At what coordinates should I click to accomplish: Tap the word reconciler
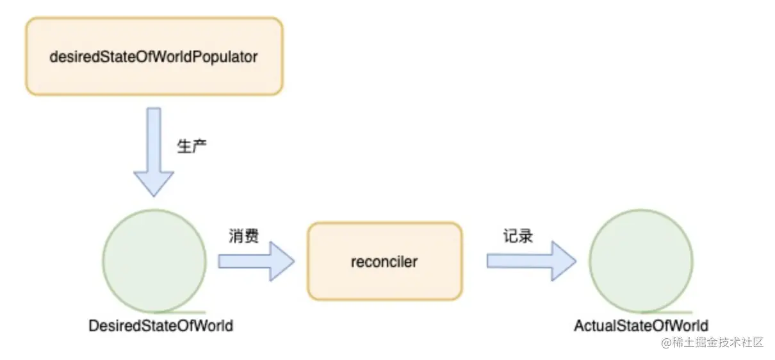(x=384, y=261)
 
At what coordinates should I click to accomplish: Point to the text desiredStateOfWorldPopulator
(x=154, y=56)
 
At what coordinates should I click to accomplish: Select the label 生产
(x=192, y=146)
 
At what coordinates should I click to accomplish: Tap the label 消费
(x=244, y=236)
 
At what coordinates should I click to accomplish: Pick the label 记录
(x=518, y=236)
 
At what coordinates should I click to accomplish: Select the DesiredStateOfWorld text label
(x=161, y=326)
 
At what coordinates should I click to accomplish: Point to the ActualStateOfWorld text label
(x=641, y=326)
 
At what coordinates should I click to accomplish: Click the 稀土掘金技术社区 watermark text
(x=718, y=343)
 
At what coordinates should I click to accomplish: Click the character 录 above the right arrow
(x=526, y=236)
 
